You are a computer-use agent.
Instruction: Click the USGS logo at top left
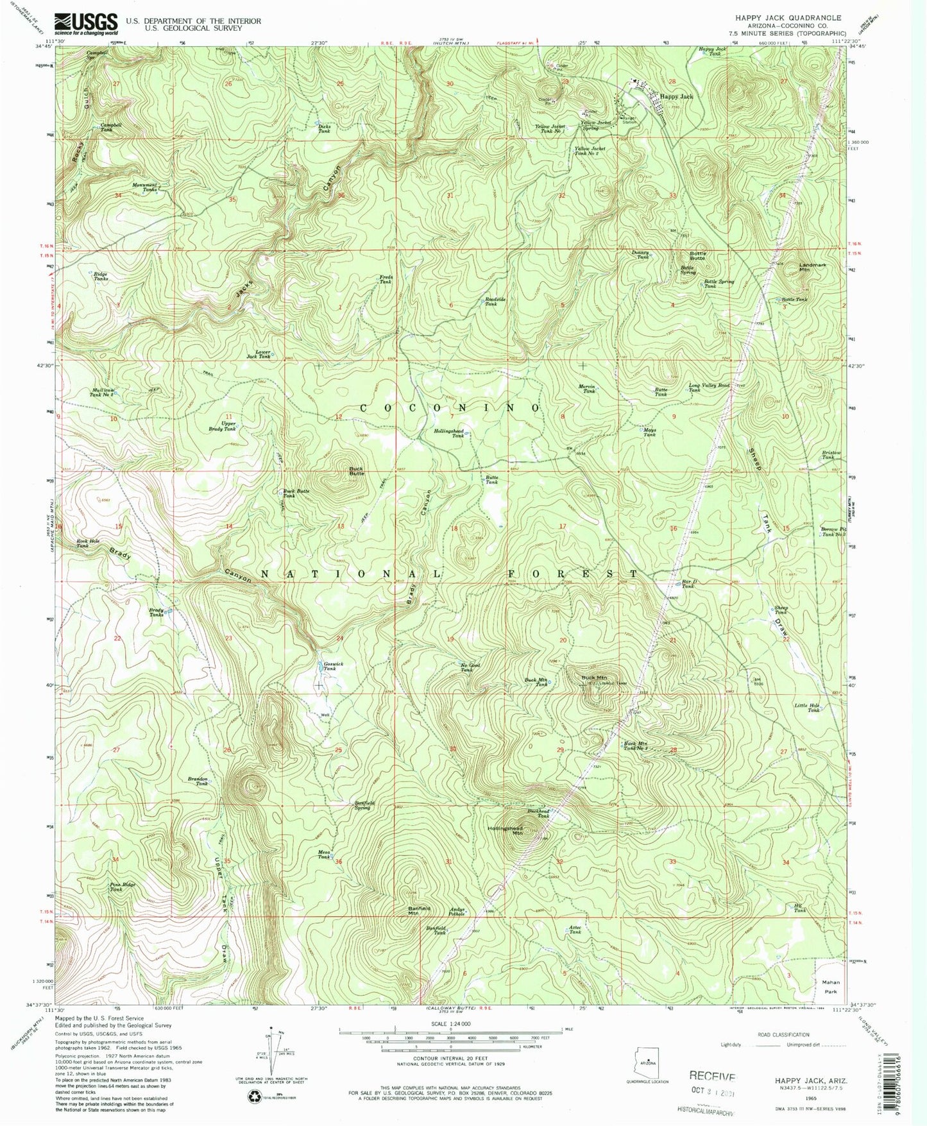86,24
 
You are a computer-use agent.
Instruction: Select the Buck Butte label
356,470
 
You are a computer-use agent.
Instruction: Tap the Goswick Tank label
329,666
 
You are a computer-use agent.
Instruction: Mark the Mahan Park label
830,987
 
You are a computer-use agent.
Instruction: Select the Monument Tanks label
144,187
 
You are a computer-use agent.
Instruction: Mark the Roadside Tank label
490,302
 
